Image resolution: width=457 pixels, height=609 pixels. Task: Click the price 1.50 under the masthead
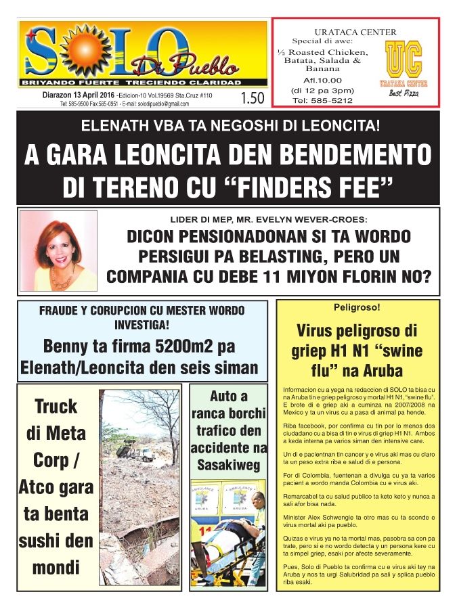point(252,99)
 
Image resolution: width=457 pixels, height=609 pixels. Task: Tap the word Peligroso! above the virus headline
point(357,308)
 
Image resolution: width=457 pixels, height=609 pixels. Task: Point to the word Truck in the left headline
point(56,406)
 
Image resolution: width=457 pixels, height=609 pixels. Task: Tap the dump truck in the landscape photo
point(135,453)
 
